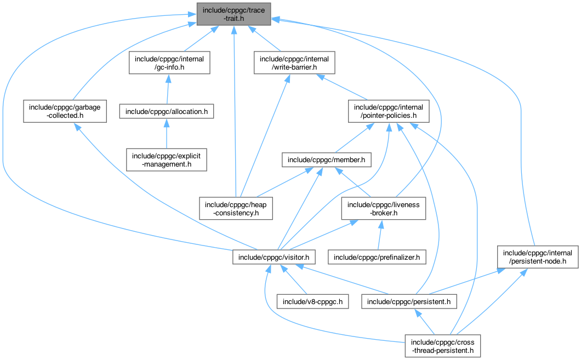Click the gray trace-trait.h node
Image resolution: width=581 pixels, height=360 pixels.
[x=233, y=13]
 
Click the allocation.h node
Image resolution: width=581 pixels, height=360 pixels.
[x=167, y=111]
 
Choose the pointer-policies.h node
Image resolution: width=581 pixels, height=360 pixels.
[x=388, y=111]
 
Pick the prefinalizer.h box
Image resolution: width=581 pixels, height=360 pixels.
[x=377, y=256]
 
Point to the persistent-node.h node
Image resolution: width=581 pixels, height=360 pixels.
[x=538, y=257]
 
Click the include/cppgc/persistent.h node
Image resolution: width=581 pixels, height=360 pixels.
[x=409, y=301]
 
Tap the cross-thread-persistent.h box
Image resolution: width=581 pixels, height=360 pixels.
[x=442, y=346]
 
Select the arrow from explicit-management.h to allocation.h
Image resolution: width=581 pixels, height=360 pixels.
[x=167, y=135]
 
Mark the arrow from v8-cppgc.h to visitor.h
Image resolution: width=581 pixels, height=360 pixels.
[x=294, y=279]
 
